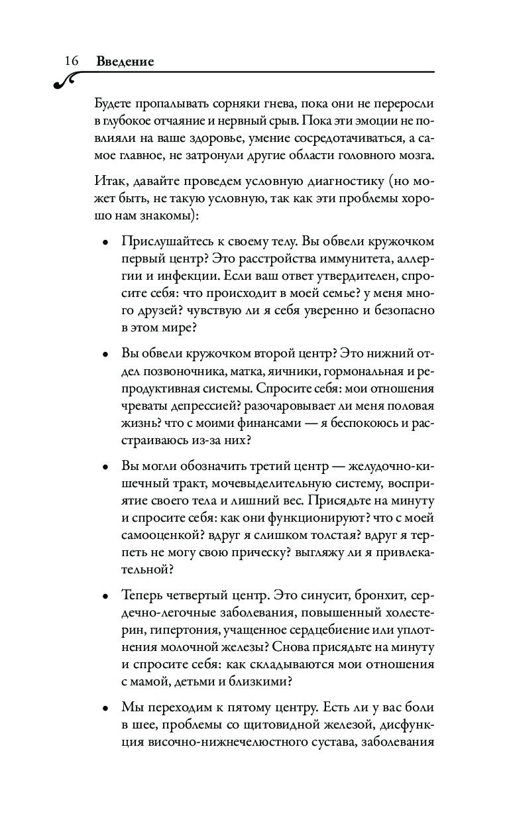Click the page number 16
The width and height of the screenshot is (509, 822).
[72, 61]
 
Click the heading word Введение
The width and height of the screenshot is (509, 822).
[125, 62]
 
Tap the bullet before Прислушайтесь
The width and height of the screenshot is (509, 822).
[106, 243]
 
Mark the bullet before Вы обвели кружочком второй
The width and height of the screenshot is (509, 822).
[106, 354]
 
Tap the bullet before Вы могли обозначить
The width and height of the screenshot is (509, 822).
[106, 467]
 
